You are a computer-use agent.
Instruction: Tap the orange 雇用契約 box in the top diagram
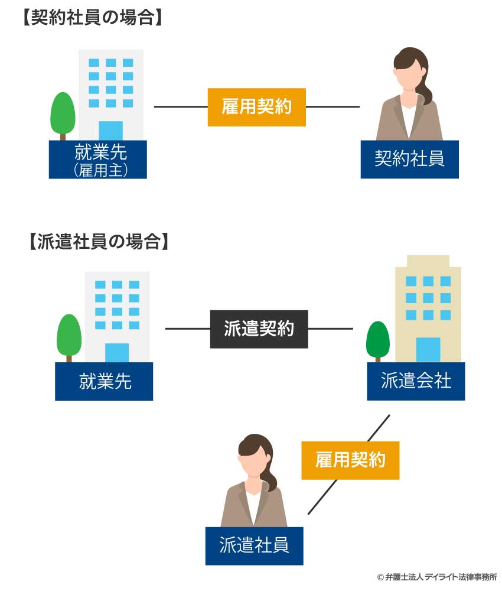[256, 107]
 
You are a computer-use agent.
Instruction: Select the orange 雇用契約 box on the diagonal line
[350, 460]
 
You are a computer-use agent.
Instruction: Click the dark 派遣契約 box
[259, 329]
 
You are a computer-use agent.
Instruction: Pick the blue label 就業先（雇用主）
[97, 160]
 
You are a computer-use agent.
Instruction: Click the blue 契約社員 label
[409, 159]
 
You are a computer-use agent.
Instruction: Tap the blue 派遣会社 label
[416, 381]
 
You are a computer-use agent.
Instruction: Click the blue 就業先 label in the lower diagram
[104, 381]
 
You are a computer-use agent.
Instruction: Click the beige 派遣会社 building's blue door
[428, 349]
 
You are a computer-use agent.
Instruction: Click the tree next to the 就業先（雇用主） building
[63, 113]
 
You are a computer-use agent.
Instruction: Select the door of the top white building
[110, 131]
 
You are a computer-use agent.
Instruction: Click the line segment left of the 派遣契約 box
[188, 329]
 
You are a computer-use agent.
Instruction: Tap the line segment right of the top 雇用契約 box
[333, 107]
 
